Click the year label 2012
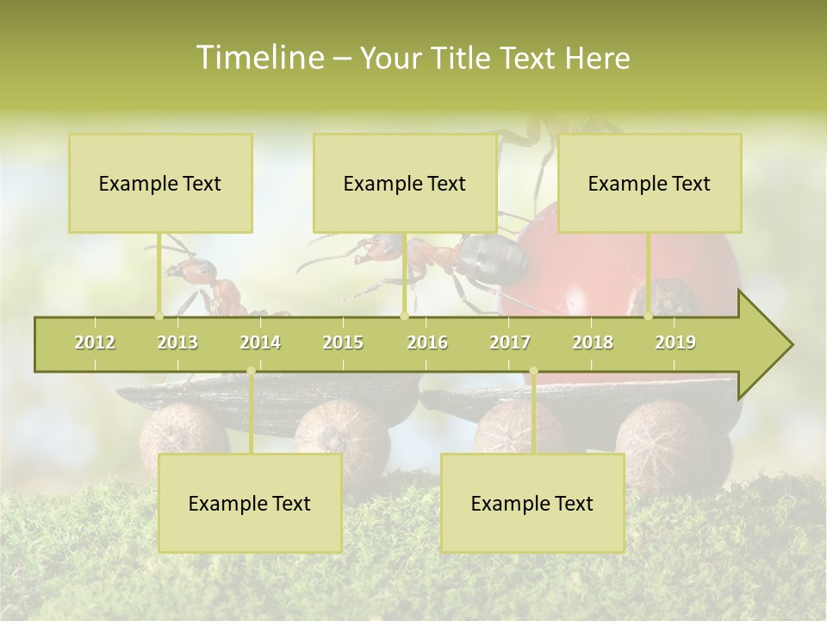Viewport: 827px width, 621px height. [95, 342]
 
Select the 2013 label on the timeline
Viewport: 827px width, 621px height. [177, 342]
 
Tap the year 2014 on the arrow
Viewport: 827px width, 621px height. [260, 342]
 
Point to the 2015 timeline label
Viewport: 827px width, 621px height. [343, 342]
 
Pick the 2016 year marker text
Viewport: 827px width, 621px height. [427, 342]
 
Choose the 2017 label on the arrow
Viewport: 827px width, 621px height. [510, 342]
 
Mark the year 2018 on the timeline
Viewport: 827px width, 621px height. [593, 342]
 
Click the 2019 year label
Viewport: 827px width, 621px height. [675, 342]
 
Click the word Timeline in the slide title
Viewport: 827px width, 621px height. [259, 58]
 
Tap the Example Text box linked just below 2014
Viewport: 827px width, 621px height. [250, 503]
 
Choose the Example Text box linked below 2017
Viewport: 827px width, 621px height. [532, 503]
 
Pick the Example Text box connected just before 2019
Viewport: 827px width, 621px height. [650, 183]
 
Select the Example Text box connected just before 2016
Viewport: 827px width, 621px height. [405, 183]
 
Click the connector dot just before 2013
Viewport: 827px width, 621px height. [159, 316]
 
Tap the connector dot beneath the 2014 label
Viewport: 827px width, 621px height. [251, 371]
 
